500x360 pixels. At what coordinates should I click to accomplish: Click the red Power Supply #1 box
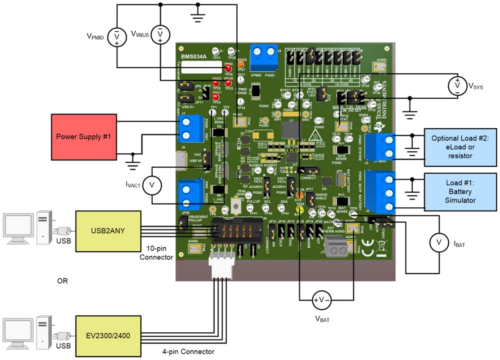[84, 137]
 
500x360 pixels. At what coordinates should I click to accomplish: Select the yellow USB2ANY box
[108, 231]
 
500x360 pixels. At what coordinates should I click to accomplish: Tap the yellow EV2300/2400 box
[108, 335]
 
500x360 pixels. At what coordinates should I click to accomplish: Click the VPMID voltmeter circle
[116, 37]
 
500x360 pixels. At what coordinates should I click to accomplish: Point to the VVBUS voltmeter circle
[160, 34]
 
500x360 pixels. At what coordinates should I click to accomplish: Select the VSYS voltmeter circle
[457, 85]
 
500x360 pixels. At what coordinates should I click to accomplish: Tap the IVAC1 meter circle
[152, 185]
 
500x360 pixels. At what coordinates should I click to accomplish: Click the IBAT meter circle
[439, 244]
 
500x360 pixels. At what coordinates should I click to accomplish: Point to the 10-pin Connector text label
[156, 253]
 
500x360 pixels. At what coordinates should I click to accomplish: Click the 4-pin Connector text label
[188, 351]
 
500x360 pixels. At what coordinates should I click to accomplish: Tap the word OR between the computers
[62, 281]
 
